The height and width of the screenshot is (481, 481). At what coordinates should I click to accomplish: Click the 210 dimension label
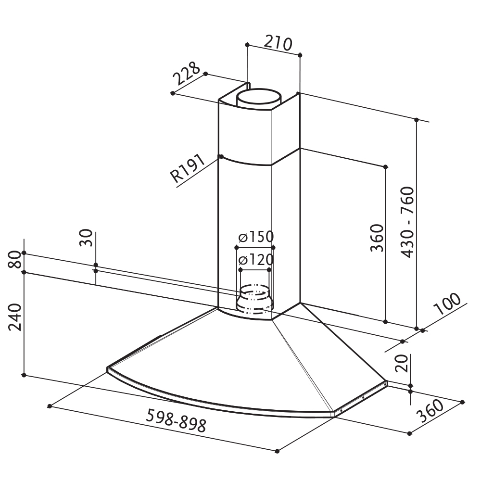[x=278, y=43]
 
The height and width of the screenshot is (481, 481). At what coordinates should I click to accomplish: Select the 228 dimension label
[x=187, y=73]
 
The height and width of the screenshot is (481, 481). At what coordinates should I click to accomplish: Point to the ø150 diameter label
[x=256, y=237]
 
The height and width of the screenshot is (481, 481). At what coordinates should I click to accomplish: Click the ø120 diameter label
[x=256, y=260]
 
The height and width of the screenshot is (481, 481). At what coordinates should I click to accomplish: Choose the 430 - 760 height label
[x=407, y=222]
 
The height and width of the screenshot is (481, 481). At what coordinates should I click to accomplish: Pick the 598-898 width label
[x=176, y=420]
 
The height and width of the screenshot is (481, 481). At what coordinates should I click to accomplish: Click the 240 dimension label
[x=15, y=317]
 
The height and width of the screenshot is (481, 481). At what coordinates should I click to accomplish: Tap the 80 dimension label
[x=15, y=260]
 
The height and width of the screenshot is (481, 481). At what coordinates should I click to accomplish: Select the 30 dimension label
[x=86, y=238]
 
